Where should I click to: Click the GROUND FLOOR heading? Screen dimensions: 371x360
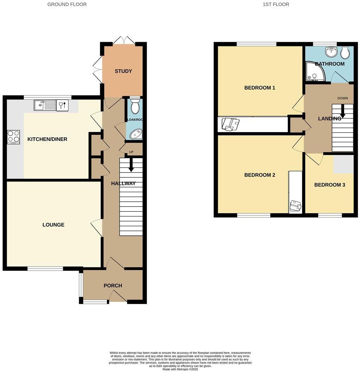point(67,5)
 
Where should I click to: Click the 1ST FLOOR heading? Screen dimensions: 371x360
point(276,5)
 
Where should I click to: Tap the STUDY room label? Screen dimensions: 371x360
point(123,71)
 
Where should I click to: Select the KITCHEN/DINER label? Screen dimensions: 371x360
point(47,139)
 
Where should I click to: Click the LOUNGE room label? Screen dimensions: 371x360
point(53,224)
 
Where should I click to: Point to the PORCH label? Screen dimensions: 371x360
point(113,285)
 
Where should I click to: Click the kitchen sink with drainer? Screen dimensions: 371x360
point(45,105)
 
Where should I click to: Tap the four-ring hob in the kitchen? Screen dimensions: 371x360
point(13,137)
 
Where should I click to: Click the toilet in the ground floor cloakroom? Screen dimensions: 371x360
point(135,105)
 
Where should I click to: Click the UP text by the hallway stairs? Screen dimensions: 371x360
point(131,152)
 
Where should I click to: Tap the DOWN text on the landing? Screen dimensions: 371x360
point(342,98)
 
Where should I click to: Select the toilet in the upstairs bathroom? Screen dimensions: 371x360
point(345,52)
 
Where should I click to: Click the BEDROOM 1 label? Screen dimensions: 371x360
point(259,87)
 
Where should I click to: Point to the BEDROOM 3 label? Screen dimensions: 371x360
point(329,184)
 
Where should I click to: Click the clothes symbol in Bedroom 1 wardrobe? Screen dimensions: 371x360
point(231,124)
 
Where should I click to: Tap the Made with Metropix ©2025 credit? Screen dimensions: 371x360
point(180,369)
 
